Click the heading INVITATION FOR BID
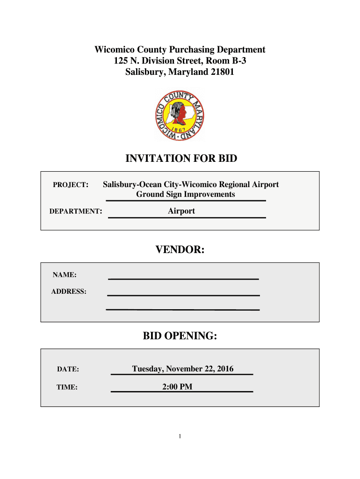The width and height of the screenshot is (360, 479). click(181, 159)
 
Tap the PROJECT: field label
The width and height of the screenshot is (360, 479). click(70, 185)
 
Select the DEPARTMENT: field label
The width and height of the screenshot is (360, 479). click(76, 211)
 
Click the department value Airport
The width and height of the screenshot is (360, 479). click(181, 211)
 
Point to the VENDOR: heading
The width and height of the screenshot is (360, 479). click(180, 251)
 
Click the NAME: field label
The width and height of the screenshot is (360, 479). click(65, 275)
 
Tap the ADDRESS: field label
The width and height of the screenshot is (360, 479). click(69, 291)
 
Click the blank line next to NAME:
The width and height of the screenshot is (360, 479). click(183, 278)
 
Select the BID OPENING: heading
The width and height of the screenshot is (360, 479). click(180, 336)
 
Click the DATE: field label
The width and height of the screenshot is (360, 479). click(68, 370)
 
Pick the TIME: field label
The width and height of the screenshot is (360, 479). click(67, 387)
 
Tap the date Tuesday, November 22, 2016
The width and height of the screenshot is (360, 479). click(183, 369)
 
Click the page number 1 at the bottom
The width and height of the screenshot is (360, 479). click(180, 436)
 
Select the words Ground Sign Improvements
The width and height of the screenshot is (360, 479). click(186, 194)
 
